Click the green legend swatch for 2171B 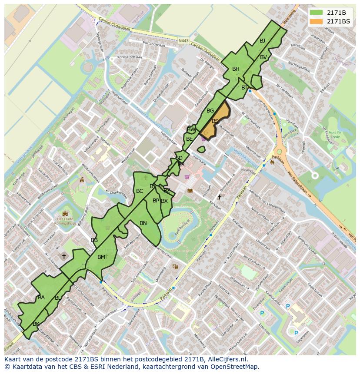pos(317,12)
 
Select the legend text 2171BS pos(338,21)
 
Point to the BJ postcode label pos(262,41)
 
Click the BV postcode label pos(263,57)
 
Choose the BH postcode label pos(236,69)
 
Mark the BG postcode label pos(210,111)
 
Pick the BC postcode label pos(140,191)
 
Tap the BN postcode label pos(143,223)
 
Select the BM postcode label pos(101,257)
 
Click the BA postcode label pos(41,298)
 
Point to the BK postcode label pos(36,324)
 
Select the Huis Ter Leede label pos(334,134)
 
